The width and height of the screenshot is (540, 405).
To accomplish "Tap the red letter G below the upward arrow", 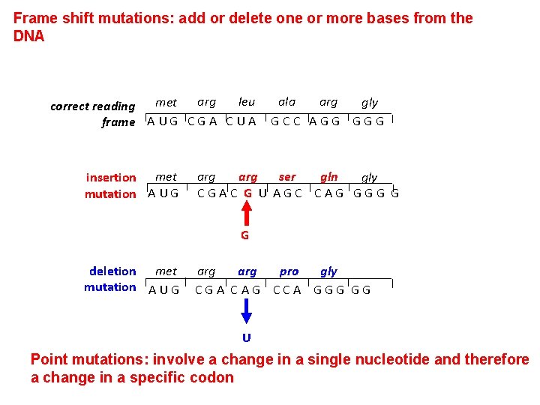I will coord(245,235).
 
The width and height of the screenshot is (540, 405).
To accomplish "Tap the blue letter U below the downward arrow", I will coord(246,337).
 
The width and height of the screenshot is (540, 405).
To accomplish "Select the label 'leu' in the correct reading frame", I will coord(246,102).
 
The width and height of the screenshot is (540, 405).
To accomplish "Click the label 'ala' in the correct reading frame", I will coord(286,102).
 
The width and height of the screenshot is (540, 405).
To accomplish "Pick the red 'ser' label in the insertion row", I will coord(287,177).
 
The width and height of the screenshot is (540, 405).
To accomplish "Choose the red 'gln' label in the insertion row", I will coord(328,177).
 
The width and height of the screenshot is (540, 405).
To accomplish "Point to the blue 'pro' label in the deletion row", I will coord(289,271).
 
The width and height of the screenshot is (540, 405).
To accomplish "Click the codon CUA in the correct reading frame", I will coord(241,121).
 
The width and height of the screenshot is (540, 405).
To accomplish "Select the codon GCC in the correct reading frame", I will coord(286,121).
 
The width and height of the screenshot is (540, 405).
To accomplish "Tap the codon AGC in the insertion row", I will coord(288,193).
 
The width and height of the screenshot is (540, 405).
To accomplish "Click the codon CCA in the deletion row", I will coord(287,289).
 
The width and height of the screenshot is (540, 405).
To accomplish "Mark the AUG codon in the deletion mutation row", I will coord(164,289).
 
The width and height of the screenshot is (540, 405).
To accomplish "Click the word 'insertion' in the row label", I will coord(111,178).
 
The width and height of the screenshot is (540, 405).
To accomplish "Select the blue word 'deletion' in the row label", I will coord(112,271).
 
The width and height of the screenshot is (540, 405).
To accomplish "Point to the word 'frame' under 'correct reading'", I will coord(118,122).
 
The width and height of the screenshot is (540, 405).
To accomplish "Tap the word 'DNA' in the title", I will coord(29,36).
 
